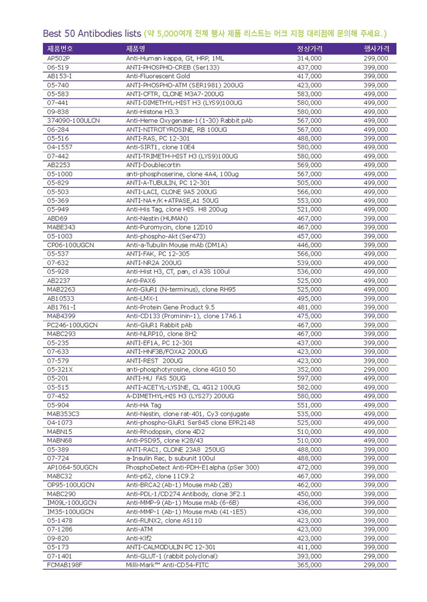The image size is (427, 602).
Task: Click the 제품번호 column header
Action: click(60, 49)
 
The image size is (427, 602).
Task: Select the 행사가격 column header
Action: click(375, 49)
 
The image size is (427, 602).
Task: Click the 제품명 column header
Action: click(136, 49)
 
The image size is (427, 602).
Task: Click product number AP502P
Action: click(59, 58)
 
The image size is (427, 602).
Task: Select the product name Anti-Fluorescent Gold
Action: click(158, 76)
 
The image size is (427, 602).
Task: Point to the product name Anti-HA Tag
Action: click(144, 405)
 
